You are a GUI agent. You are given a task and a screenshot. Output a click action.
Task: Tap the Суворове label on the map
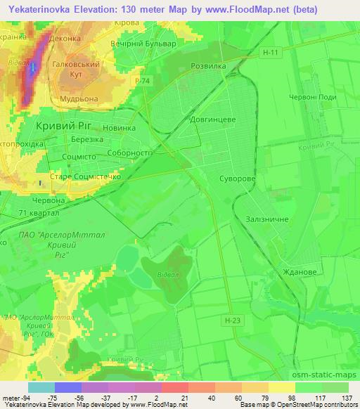click(x=237, y=179)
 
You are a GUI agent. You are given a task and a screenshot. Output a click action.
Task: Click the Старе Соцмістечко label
click(x=86, y=178)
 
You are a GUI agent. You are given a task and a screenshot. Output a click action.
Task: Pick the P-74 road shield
click(x=143, y=82)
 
